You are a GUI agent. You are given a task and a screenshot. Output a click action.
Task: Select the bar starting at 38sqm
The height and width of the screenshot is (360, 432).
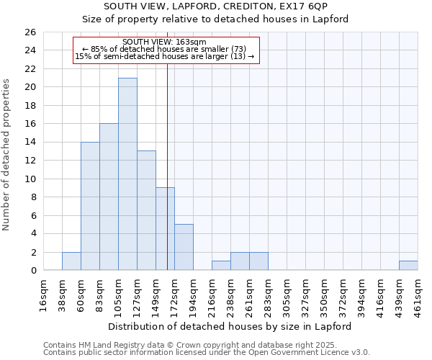coord(71,261)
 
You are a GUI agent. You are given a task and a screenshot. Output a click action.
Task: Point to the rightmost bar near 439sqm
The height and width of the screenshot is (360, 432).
coord(408,266)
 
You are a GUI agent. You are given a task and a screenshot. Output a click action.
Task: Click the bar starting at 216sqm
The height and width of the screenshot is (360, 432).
coord(221,266)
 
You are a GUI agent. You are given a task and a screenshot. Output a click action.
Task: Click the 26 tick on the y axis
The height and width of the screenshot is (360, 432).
coord(30,32)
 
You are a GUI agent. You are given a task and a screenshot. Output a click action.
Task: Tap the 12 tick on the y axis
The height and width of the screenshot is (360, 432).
coord(30,161)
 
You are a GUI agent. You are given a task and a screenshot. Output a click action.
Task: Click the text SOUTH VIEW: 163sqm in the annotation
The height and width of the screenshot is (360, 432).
coord(165,42)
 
